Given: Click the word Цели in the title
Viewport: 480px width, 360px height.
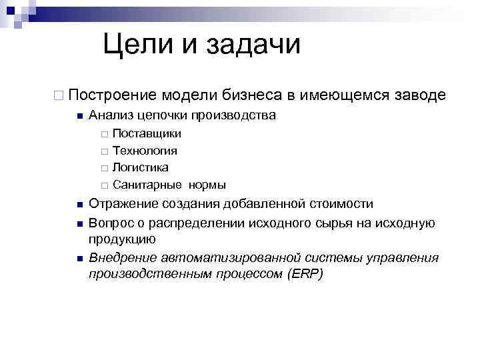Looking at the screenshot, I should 136,45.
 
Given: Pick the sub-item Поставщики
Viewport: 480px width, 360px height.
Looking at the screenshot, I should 147,134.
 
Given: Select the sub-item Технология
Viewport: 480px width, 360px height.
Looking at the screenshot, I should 145,151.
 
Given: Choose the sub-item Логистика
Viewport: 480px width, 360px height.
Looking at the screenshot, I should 141,167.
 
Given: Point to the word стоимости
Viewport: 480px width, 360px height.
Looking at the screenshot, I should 340,204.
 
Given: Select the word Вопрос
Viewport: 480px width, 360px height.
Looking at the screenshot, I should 109,222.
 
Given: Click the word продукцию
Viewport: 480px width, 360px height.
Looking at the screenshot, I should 122,239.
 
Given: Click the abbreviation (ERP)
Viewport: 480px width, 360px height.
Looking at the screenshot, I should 304,273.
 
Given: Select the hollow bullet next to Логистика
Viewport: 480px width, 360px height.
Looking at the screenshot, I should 104,168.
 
